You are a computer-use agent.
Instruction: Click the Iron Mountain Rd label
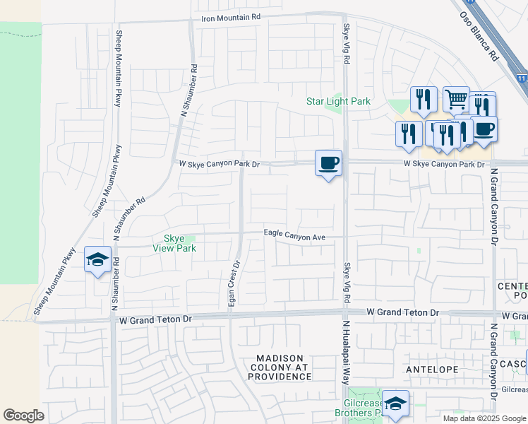(x=231, y=17)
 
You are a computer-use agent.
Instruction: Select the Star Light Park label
(x=338, y=101)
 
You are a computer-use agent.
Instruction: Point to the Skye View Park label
(x=174, y=243)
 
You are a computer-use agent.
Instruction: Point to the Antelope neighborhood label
(x=433, y=370)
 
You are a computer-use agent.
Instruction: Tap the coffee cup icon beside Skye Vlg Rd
(x=328, y=163)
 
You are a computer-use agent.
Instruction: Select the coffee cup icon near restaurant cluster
(x=484, y=129)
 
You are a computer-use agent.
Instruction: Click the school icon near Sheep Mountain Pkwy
(x=98, y=259)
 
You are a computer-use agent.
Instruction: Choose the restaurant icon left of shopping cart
(x=424, y=100)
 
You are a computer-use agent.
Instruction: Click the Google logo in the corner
(x=23, y=416)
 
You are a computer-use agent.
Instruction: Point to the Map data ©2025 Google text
(x=484, y=418)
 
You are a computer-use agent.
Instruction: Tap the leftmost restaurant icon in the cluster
(x=409, y=134)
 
